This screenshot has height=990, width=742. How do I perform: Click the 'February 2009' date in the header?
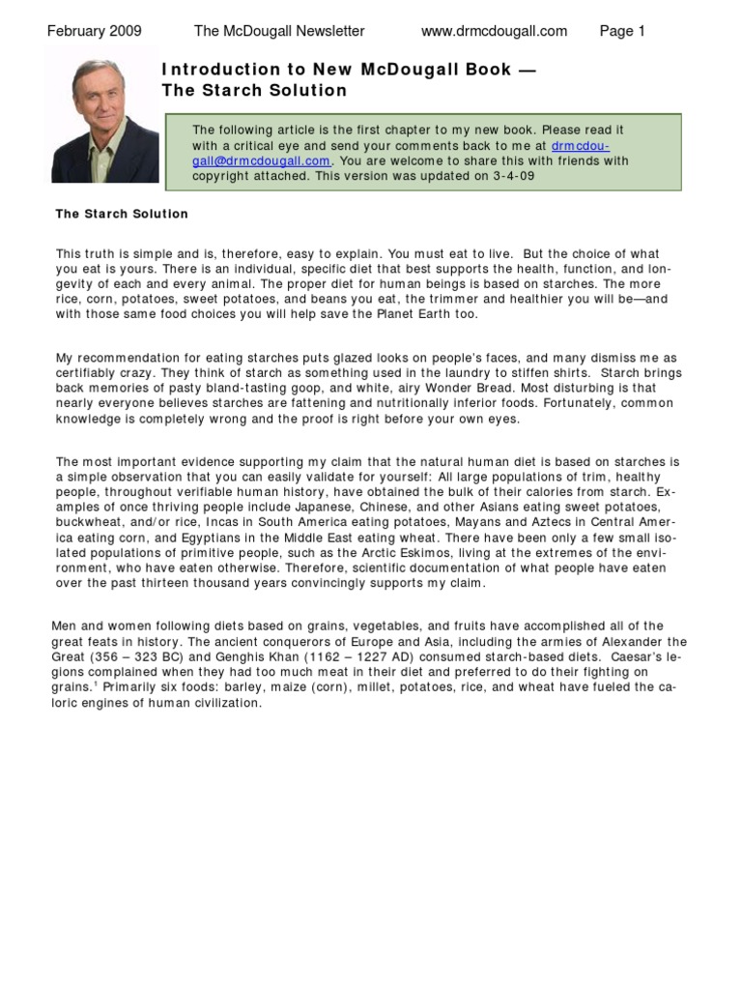(94, 31)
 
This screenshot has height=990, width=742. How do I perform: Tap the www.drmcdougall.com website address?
(494, 31)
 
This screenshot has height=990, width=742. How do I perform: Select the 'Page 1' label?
(622, 31)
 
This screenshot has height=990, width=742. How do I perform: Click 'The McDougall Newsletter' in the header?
(279, 31)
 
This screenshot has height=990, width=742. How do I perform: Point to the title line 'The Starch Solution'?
(254, 91)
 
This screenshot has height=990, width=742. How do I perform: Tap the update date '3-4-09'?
(514, 177)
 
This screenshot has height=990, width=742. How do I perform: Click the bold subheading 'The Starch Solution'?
(122, 214)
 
